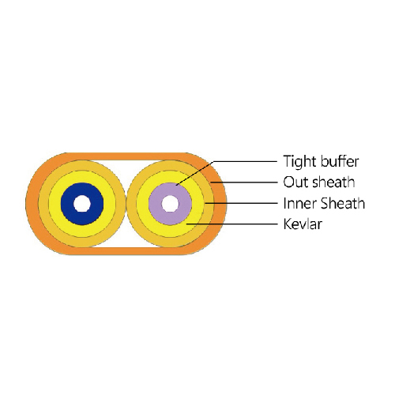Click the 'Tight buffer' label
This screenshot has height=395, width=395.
coord(321,161)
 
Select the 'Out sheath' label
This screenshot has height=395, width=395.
coord(319,182)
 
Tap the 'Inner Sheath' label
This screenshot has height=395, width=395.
coord(324,203)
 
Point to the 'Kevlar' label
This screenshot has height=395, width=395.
coord(303,224)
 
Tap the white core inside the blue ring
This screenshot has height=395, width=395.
coord(82,204)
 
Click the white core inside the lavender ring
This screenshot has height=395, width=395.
coord(170,204)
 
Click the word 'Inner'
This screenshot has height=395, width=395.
coord(298,203)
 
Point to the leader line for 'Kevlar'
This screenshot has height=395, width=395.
coord(231,224)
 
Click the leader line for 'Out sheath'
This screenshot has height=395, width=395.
coord(244,182)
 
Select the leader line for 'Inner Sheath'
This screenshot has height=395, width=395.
coord(241,203)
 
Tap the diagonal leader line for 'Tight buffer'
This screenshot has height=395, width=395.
coord(194,173)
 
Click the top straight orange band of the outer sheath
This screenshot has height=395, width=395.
coord(126,156)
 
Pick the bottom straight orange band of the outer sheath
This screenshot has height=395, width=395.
coord(126,251)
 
